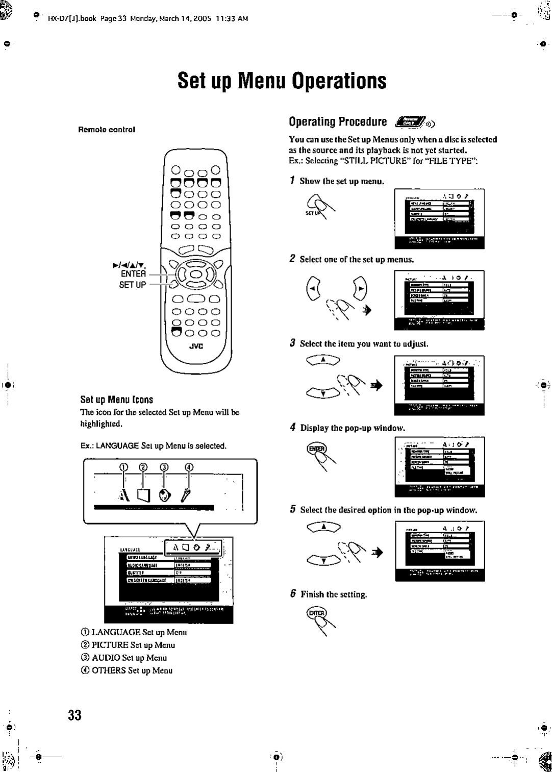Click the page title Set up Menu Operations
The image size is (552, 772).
coord(282,81)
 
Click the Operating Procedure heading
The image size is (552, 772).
coord(337,122)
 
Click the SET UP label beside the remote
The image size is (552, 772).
coord(133,285)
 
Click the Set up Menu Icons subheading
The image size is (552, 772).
coord(117,400)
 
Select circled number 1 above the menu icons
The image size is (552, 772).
coord(123,467)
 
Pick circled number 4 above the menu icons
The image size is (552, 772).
coord(189,467)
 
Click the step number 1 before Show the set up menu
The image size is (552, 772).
coord(292,181)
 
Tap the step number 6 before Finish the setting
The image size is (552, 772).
coord(293,594)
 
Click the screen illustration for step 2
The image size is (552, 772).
coord(439,300)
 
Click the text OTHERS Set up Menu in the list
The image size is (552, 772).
coord(132,670)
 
